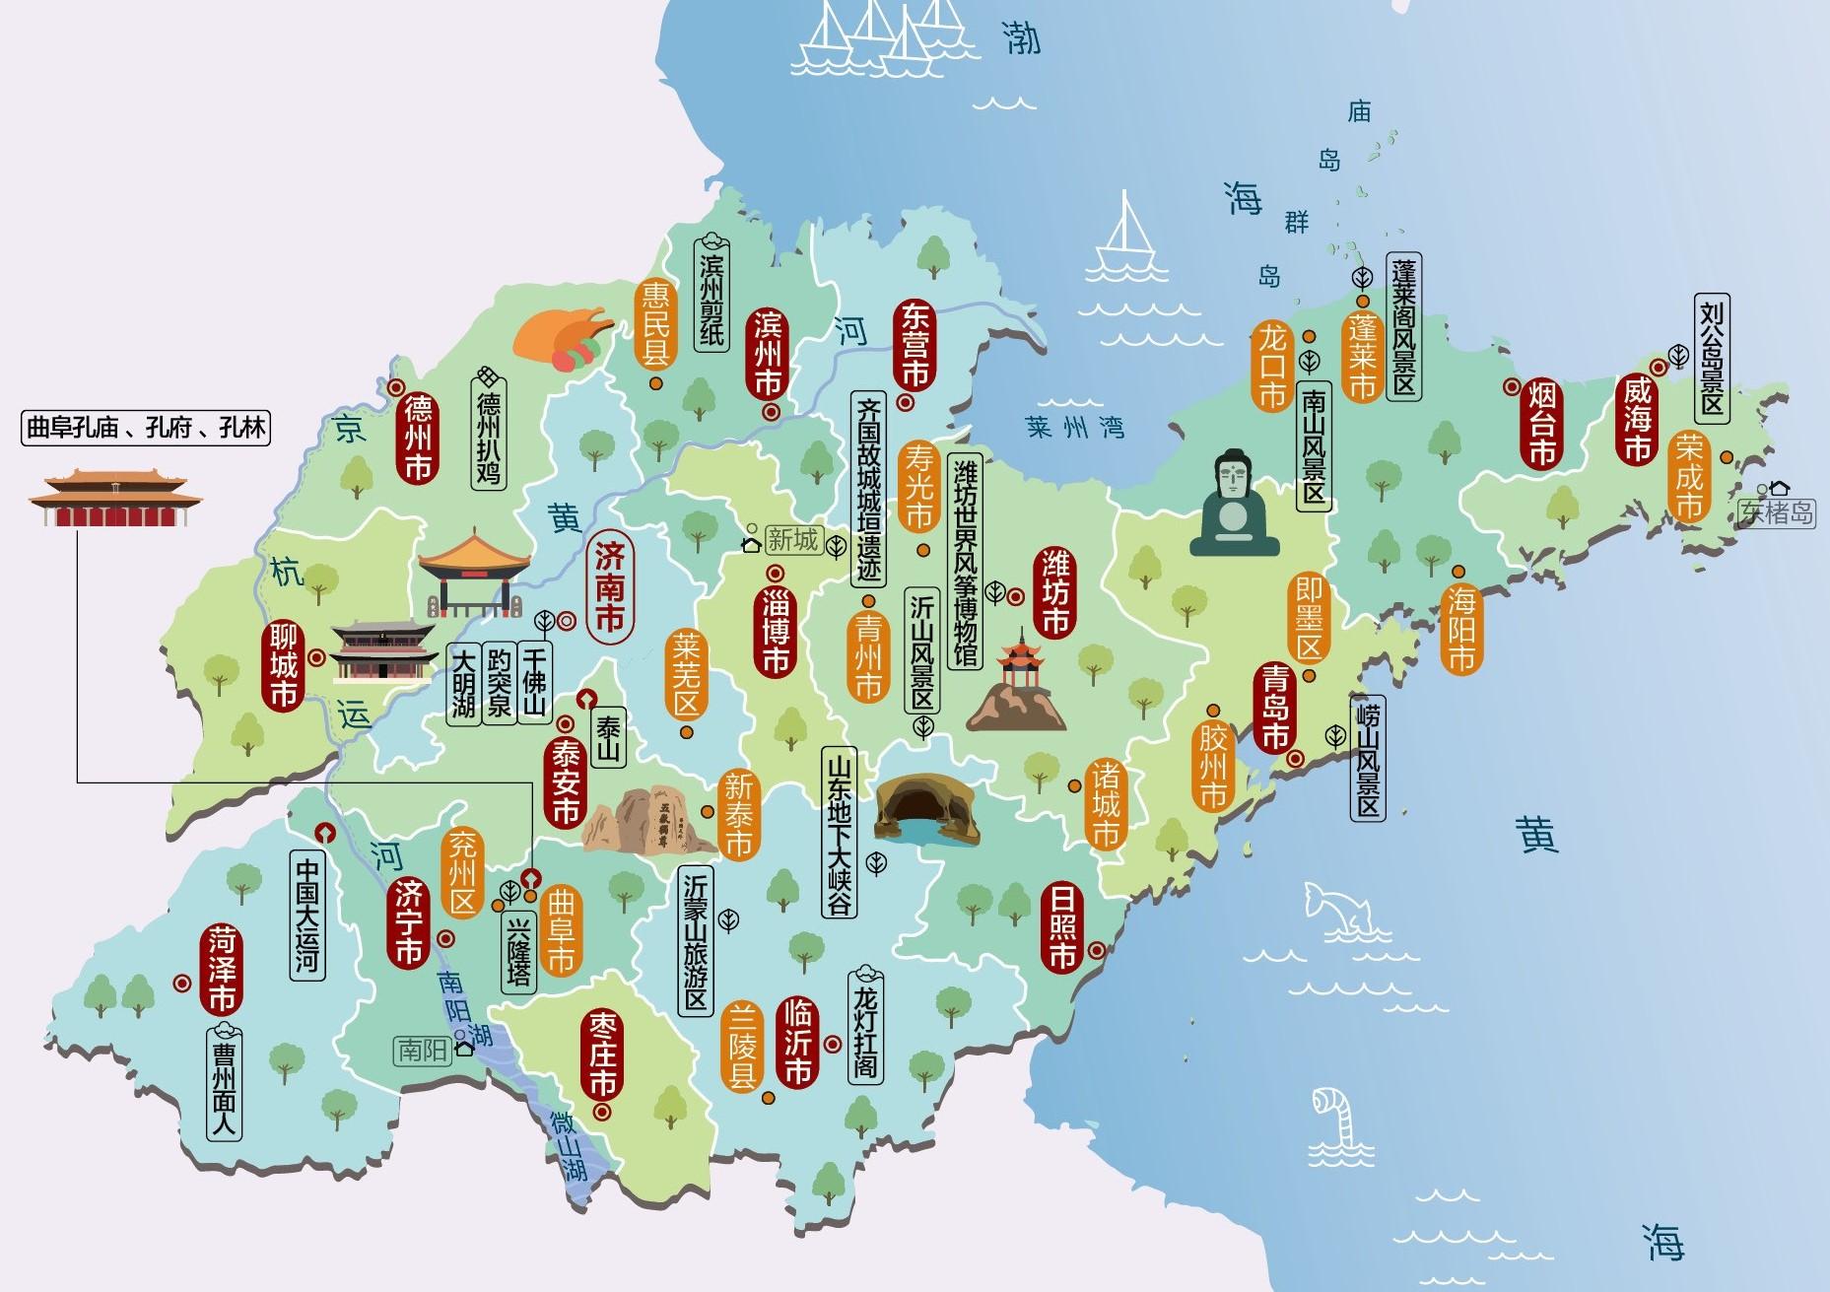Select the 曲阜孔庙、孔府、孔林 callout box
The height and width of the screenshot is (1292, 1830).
pos(146,429)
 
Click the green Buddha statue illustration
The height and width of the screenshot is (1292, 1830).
pos(1233,504)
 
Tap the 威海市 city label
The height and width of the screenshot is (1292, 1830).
pos(1635,421)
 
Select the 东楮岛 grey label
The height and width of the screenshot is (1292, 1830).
pos(1776,512)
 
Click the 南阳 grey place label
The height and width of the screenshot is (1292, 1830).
pos(422,1051)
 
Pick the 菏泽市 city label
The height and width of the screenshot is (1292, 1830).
pos(221,970)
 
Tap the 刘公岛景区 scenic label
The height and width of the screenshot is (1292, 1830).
pos(1712,358)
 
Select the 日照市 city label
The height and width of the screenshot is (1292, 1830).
pos(1061,926)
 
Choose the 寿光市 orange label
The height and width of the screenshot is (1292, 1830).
pos(918,485)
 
